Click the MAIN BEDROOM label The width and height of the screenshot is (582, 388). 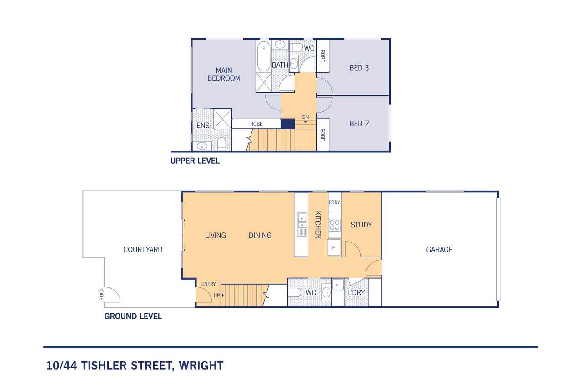click(224, 74)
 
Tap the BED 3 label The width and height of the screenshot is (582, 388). click(359, 68)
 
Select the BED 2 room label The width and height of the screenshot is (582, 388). click(359, 123)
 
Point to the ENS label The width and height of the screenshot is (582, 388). click(203, 126)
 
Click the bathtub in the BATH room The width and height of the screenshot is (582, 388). click(264, 56)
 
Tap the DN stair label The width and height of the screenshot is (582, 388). click(306, 117)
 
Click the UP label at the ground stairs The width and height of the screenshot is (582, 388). click(217, 296)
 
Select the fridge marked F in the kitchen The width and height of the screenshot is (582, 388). click(334, 247)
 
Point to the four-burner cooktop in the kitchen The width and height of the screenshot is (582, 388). click(334, 225)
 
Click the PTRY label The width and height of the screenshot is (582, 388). click(334, 202)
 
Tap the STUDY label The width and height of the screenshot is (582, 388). click(361, 225)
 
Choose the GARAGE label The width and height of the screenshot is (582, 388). click(439, 250)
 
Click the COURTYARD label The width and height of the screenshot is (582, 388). click(143, 250)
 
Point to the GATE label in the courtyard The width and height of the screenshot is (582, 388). click(101, 295)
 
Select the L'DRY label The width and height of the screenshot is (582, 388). click(356, 292)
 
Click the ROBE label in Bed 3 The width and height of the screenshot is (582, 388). click(323, 56)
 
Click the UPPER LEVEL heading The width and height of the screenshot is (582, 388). click(195, 161)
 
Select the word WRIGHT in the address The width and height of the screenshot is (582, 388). click(201, 366)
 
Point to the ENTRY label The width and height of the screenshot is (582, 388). click(208, 284)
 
